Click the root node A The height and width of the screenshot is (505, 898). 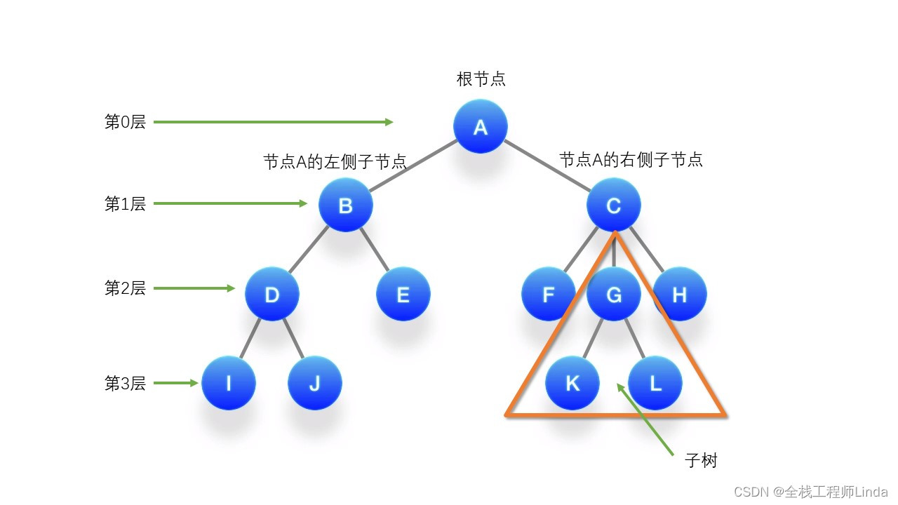pos(480,127)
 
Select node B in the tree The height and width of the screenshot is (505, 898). pos(345,206)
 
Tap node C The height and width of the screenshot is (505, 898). pos(613,206)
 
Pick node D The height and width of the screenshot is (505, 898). pos(272,295)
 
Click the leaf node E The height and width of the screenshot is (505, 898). pos(403,295)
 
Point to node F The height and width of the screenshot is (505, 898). pos(548,295)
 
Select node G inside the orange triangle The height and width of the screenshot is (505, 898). pos(613,295)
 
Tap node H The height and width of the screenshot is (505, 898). pos(679,295)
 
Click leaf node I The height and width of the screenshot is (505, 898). pos(228,383)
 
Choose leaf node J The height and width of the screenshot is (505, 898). pos(314,383)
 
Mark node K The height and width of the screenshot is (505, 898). pos(572,383)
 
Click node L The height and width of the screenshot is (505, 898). pos(655,383)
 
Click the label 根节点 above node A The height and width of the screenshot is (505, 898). pos(481,79)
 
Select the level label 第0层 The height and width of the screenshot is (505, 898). pos(125,122)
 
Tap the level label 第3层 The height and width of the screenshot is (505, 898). pos(125,384)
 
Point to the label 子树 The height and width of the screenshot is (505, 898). pos(701,461)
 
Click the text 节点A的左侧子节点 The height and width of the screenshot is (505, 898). pos(335,162)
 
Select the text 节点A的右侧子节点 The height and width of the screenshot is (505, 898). pos(631,160)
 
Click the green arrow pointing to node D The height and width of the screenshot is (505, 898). pos(194,288)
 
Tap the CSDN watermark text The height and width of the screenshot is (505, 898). pos(811,492)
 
